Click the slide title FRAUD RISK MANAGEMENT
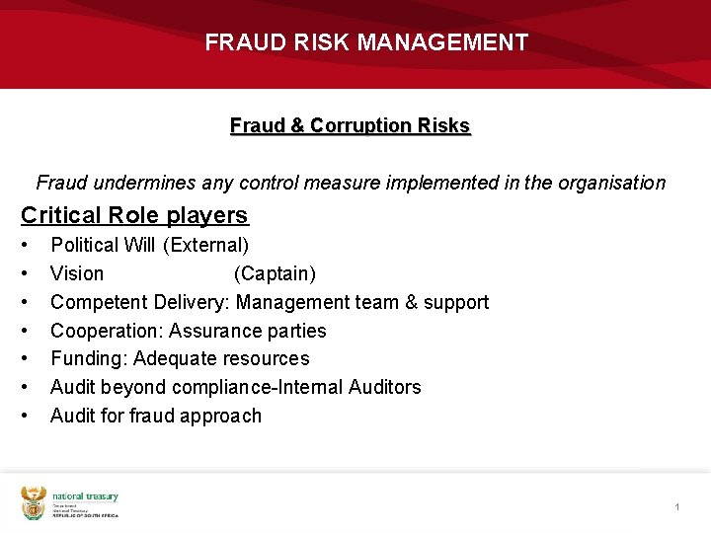(x=366, y=42)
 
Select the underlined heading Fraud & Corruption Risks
(x=350, y=125)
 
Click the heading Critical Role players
(x=134, y=215)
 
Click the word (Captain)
(x=275, y=273)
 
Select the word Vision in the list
(x=77, y=273)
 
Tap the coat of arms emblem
(x=34, y=502)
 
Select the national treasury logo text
(x=85, y=496)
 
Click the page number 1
(x=677, y=506)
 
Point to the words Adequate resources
(x=221, y=358)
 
